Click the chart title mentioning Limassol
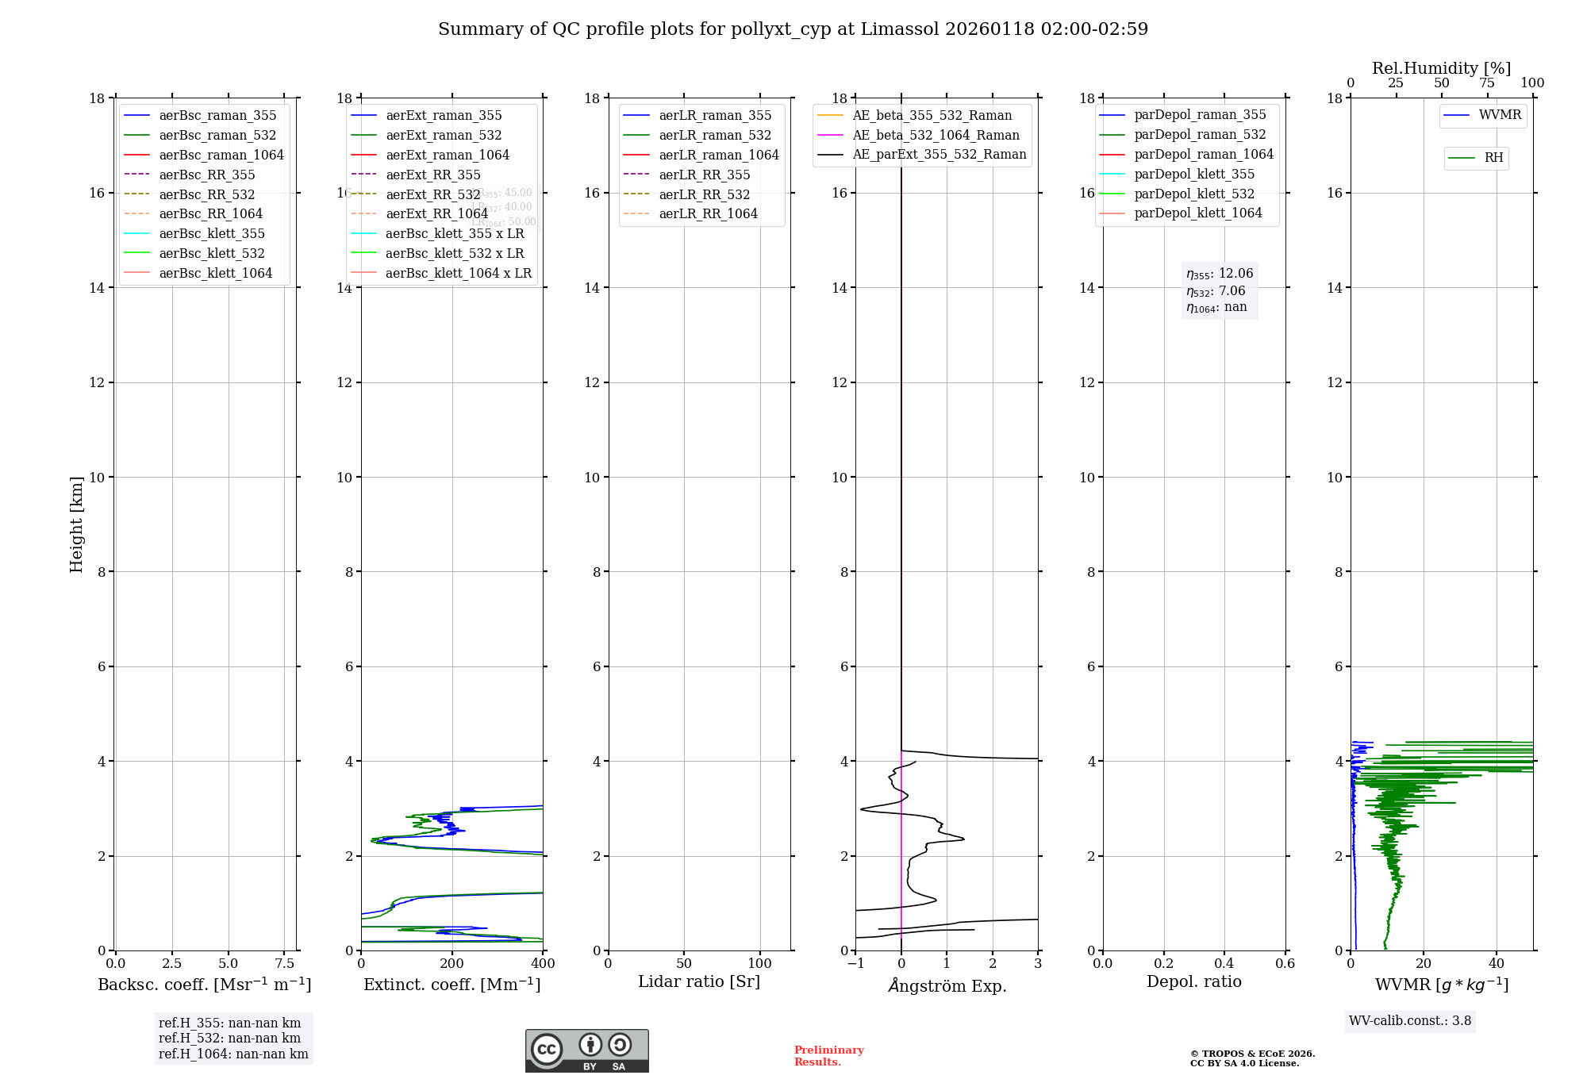[793, 29]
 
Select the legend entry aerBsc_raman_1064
[221, 155]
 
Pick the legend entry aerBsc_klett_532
[211, 253]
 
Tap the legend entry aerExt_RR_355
[432, 175]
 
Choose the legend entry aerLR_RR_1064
[708, 213]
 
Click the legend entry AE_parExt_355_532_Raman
[939, 154]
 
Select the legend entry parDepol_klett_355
[1194, 174]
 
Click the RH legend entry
[1493, 158]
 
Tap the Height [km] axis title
[76, 524]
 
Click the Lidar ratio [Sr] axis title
[699, 981]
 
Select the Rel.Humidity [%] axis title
[1441, 68]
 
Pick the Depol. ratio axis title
[1193, 981]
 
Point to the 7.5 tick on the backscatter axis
[285, 963]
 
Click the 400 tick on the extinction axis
[543, 963]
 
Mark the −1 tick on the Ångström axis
[855, 963]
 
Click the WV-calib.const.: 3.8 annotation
[1409, 1020]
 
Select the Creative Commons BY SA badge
[586, 1050]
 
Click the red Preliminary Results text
[828, 1055]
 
